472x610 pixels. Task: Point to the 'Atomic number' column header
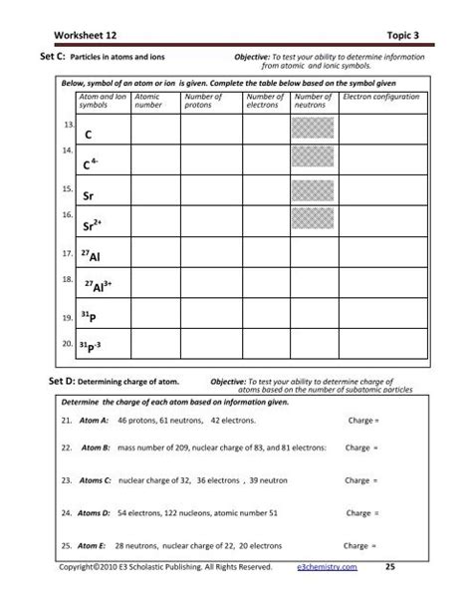(x=147, y=101)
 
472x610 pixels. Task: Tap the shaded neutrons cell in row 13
(x=311, y=130)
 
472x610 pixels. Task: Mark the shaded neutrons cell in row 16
(x=311, y=220)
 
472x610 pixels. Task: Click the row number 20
(x=67, y=344)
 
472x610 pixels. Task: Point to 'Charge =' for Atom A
(x=359, y=421)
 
